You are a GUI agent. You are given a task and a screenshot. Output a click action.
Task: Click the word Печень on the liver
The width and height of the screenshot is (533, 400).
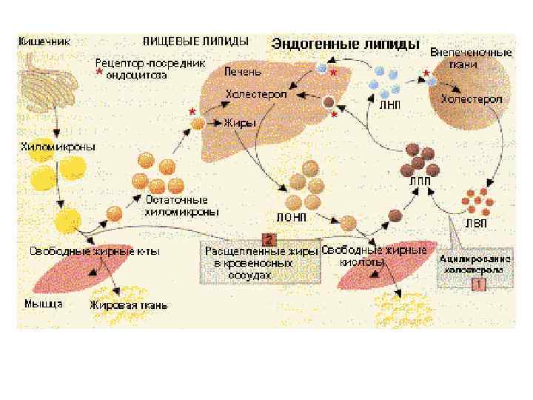243,72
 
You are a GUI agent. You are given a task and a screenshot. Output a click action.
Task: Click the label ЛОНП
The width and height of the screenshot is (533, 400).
292,218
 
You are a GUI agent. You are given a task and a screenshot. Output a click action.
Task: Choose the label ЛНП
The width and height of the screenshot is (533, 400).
390,105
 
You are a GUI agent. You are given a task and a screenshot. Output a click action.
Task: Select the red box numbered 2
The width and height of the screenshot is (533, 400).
268,239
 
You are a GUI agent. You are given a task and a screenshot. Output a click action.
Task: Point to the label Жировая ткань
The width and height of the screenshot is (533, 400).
129,304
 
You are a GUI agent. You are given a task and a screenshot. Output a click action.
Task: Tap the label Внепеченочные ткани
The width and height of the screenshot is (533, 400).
471,59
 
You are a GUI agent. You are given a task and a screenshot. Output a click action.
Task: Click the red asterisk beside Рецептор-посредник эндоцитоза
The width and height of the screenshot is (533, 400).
98,74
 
